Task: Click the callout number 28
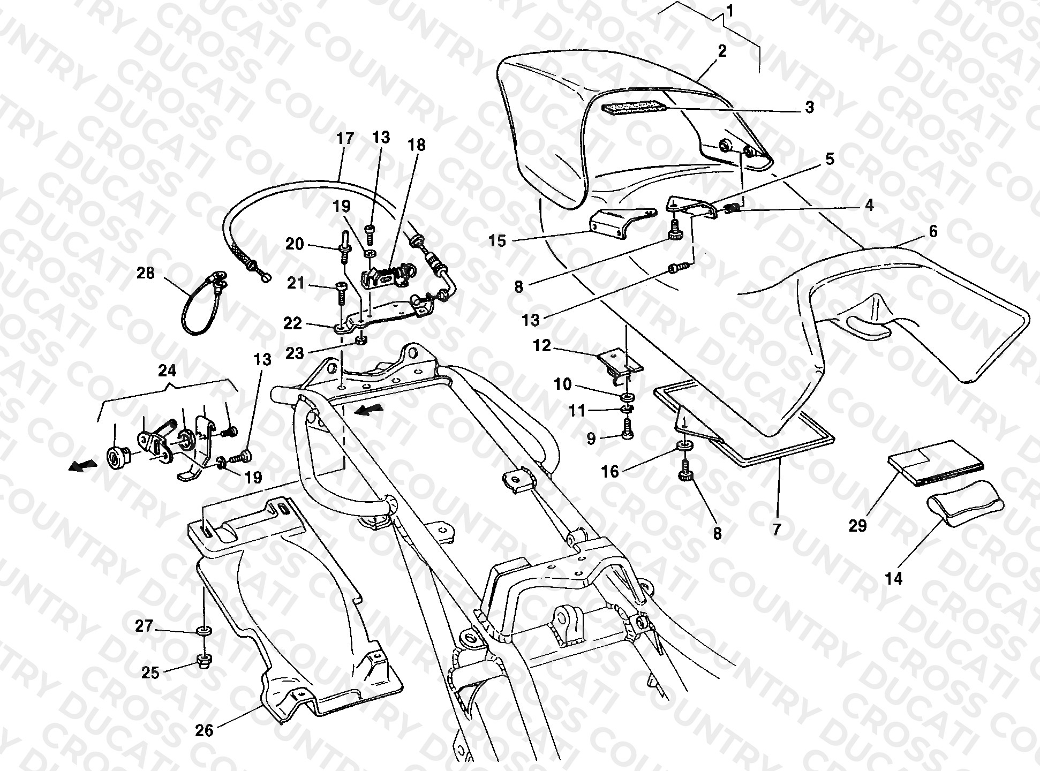[x=146, y=274]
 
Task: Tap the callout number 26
[x=205, y=730]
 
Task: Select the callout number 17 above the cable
[x=345, y=139]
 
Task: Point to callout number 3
[x=809, y=107]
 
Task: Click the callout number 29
[x=858, y=526]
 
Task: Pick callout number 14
[x=894, y=578]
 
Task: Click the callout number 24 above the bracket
[x=167, y=371]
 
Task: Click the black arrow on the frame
[x=369, y=411]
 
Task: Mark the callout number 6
[x=933, y=231]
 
